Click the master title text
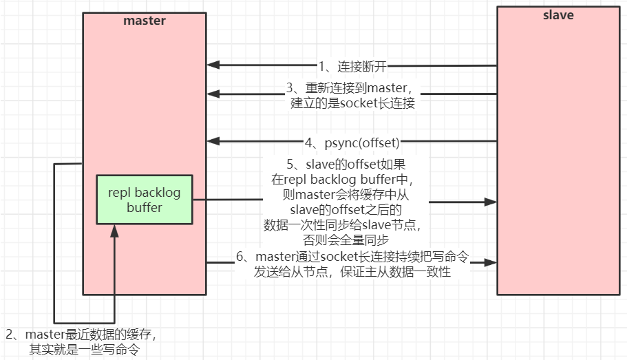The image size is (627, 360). (145, 21)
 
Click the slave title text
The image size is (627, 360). (558, 15)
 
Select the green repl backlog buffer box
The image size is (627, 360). (145, 200)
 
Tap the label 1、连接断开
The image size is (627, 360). (352, 66)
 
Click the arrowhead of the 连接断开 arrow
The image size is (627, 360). (213, 65)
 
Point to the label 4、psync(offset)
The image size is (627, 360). (352, 142)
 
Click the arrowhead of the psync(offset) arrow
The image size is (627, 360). (213, 141)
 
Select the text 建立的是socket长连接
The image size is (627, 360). (352, 103)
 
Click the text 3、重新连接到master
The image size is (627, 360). (349, 87)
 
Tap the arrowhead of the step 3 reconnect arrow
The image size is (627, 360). (213, 94)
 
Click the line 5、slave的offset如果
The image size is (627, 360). (346, 164)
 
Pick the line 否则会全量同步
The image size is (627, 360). (346, 240)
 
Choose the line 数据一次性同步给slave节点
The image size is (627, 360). (342, 225)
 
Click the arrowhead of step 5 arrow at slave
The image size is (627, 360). (490, 202)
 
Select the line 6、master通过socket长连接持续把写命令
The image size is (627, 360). (352, 256)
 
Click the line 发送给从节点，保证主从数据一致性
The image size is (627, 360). (352, 272)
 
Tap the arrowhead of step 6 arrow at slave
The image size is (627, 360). (490, 262)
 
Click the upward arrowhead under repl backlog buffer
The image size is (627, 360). (114, 231)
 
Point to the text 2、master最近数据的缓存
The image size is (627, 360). (81, 335)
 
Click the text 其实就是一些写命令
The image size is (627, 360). (84, 350)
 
